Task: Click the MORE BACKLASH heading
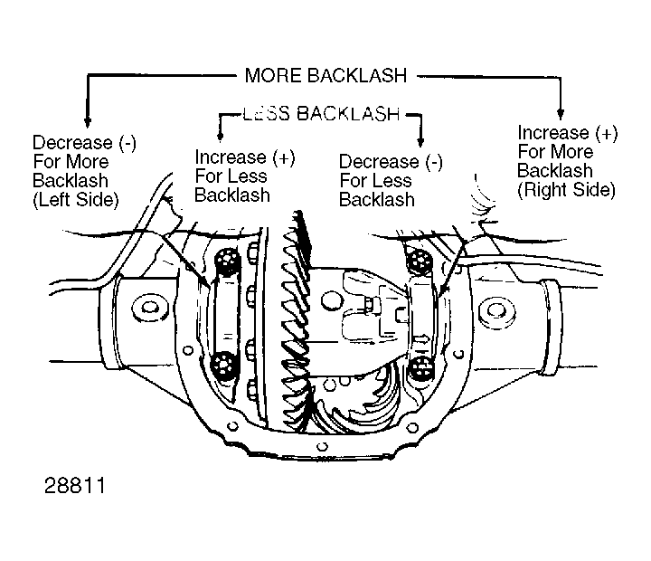(x=325, y=76)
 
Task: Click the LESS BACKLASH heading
(x=321, y=113)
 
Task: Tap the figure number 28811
(x=75, y=485)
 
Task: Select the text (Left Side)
(x=76, y=200)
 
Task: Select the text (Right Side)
(x=566, y=190)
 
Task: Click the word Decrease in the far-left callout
(x=72, y=143)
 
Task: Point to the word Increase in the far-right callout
(x=553, y=133)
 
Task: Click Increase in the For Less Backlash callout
(x=231, y=157)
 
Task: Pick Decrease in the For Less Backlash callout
(x=379, y=161)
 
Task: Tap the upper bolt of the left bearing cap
(x=227, y=260)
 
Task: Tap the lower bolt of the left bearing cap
(x=224, y=366)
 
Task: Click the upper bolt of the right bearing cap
(x=420, y=261)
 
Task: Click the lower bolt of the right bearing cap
(x=421, y=369)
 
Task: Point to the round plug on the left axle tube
(x=149, y=308)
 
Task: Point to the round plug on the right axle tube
(x=495, y=311)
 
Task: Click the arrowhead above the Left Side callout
(x=87, y=121)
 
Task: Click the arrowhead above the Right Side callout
(x=560, y=113)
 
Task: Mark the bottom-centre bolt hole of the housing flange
(x=322, y=447)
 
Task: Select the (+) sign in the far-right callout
(x=606, y=133)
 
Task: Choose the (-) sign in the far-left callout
(x=127, y=143)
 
